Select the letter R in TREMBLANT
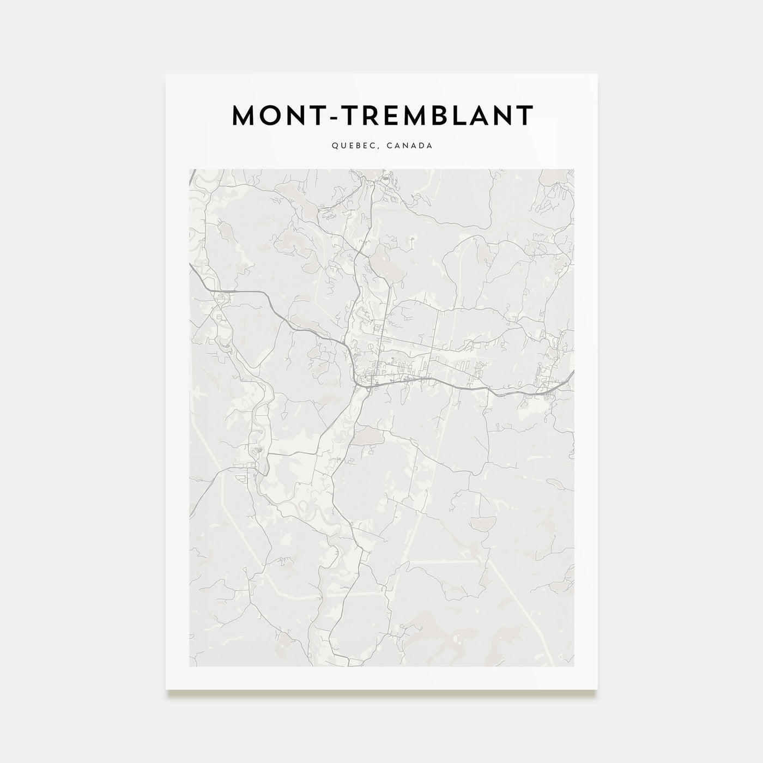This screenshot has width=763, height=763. tap(370, 116)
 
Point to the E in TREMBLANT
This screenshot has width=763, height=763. tap(391, 116)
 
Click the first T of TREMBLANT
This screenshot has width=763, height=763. tap(349, 116)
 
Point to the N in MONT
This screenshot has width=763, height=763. tap(298, 116)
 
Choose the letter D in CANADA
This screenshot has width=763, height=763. tap(422, 146)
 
